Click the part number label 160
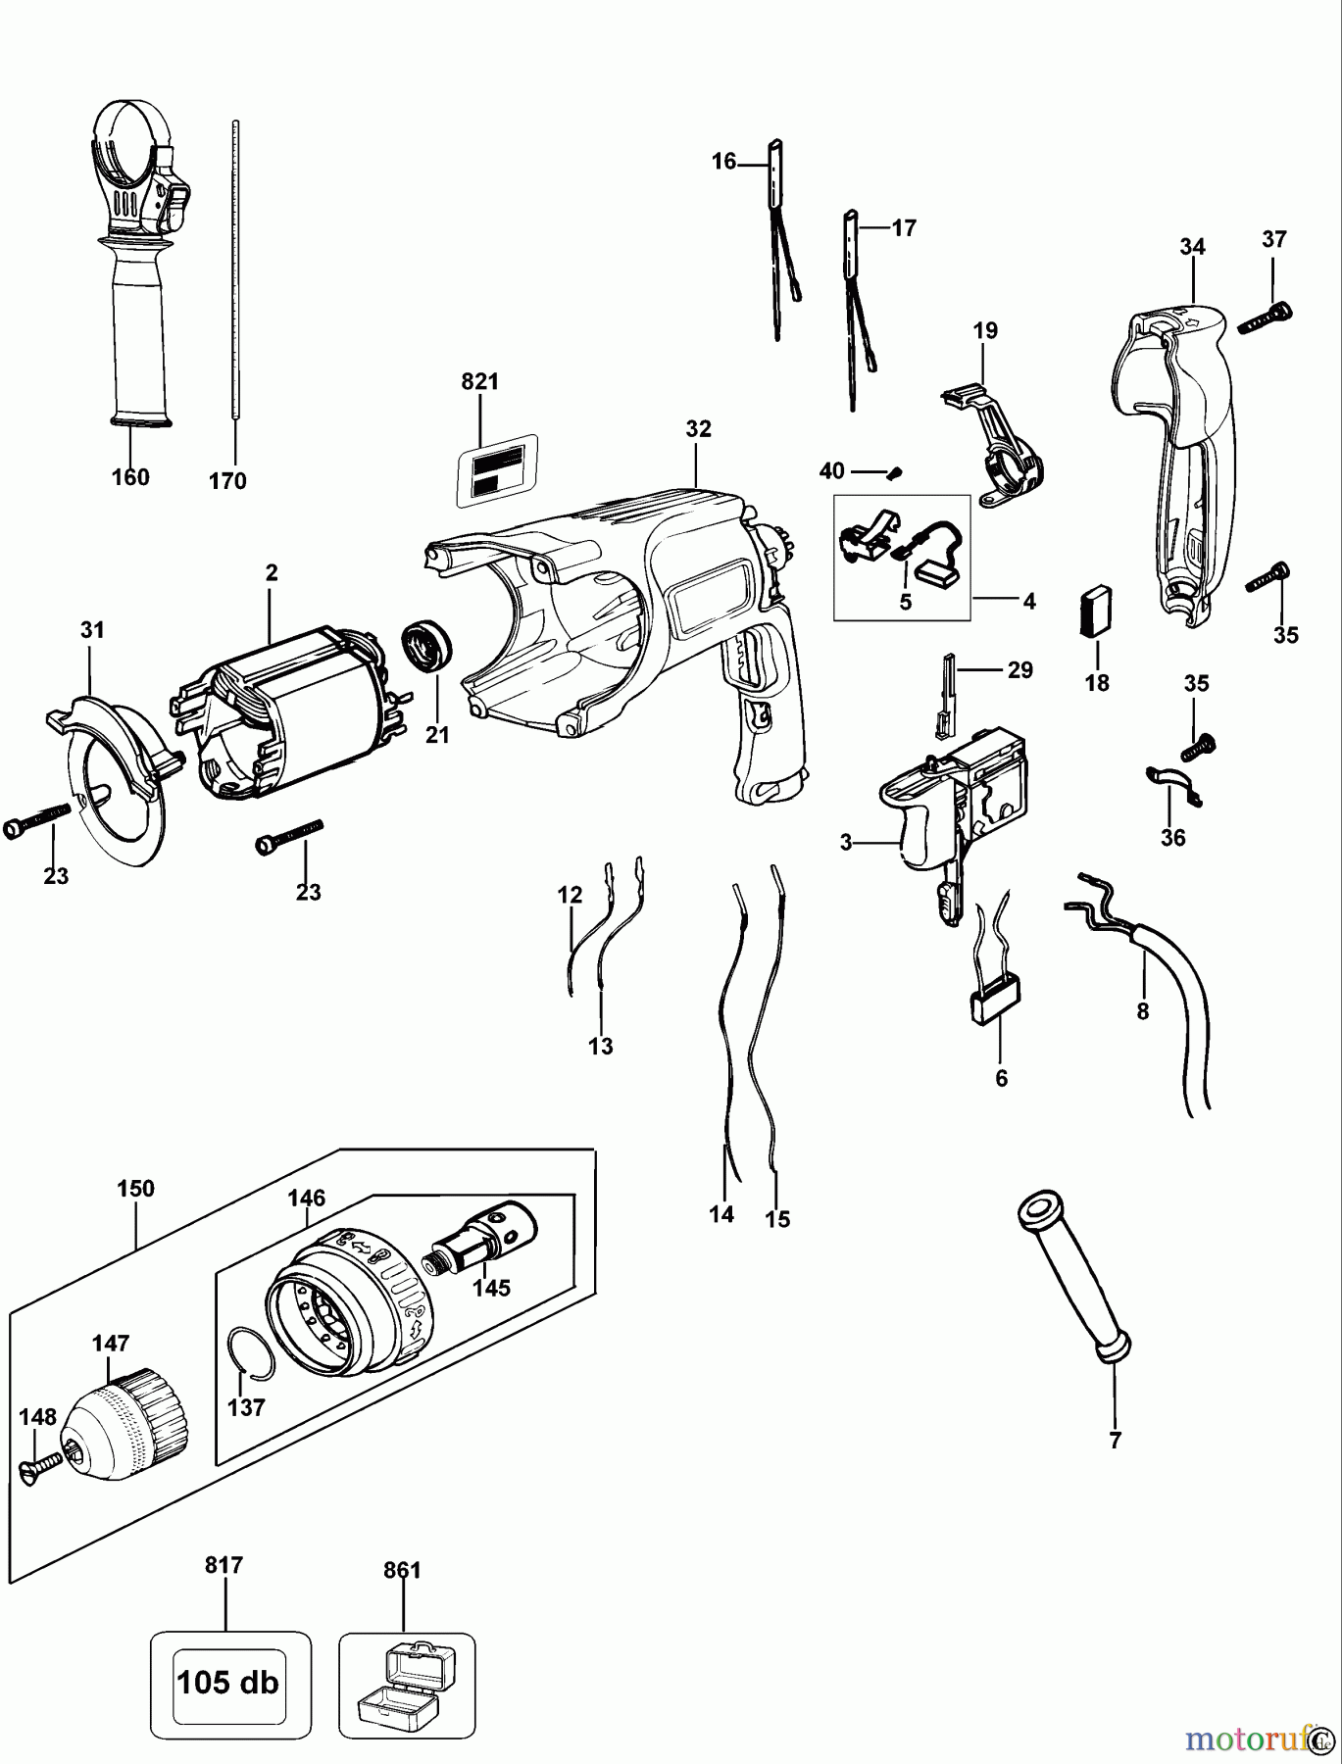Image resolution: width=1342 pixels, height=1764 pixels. [x=130, y=477]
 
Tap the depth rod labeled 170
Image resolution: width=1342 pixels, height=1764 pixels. [x=236, y=274]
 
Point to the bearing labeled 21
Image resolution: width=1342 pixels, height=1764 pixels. [x=427, y=646]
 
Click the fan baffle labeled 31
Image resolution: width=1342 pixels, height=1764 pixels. [x=113, y=774]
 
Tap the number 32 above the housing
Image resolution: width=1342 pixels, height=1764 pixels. [x=699, y=429]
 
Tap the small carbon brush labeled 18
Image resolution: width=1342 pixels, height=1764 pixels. [x=1097, y=613]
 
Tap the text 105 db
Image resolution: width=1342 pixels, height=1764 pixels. [x=228, y=1683]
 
